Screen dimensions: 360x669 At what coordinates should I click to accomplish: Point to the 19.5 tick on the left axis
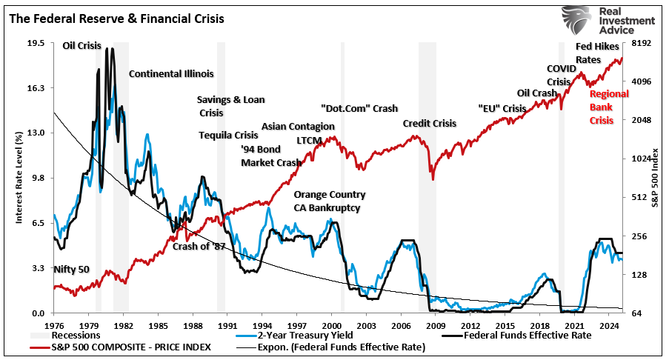tap(36, 43)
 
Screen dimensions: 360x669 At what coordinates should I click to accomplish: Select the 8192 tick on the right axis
tap(639, 43)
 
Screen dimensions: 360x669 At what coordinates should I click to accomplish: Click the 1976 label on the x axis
tap(54, 325)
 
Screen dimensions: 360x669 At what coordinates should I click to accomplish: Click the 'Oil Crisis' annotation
tap(81, 46)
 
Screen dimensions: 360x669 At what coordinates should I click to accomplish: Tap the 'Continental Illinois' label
tap(171, 74)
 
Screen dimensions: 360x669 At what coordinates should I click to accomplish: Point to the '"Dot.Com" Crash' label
tap(359, 108)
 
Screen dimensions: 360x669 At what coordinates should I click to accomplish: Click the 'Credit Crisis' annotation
tap(430, 123)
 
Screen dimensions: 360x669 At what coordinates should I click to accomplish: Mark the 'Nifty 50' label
tap(71, 269)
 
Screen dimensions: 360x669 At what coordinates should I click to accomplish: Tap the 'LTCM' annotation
tap(310, 139)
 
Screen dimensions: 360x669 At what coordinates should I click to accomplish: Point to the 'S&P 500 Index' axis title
tap(655, 177)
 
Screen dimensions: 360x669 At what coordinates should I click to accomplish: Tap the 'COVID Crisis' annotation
tap(560, 75)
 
